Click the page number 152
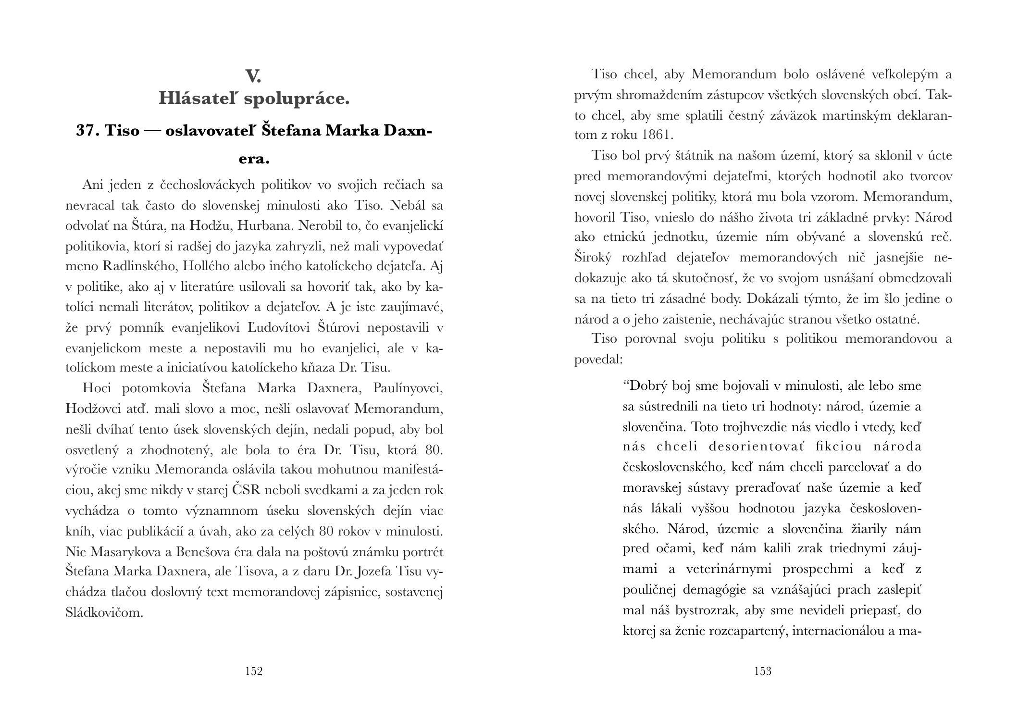click(254, 671)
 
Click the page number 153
click(763, 671)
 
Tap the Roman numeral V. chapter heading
click(253, 76)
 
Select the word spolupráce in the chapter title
click(297, 99)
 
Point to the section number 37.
click(87, 131)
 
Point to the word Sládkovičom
click(104, 613)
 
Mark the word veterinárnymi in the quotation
click(728, 570)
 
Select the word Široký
click(593, 258)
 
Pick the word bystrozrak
click(708, 610)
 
